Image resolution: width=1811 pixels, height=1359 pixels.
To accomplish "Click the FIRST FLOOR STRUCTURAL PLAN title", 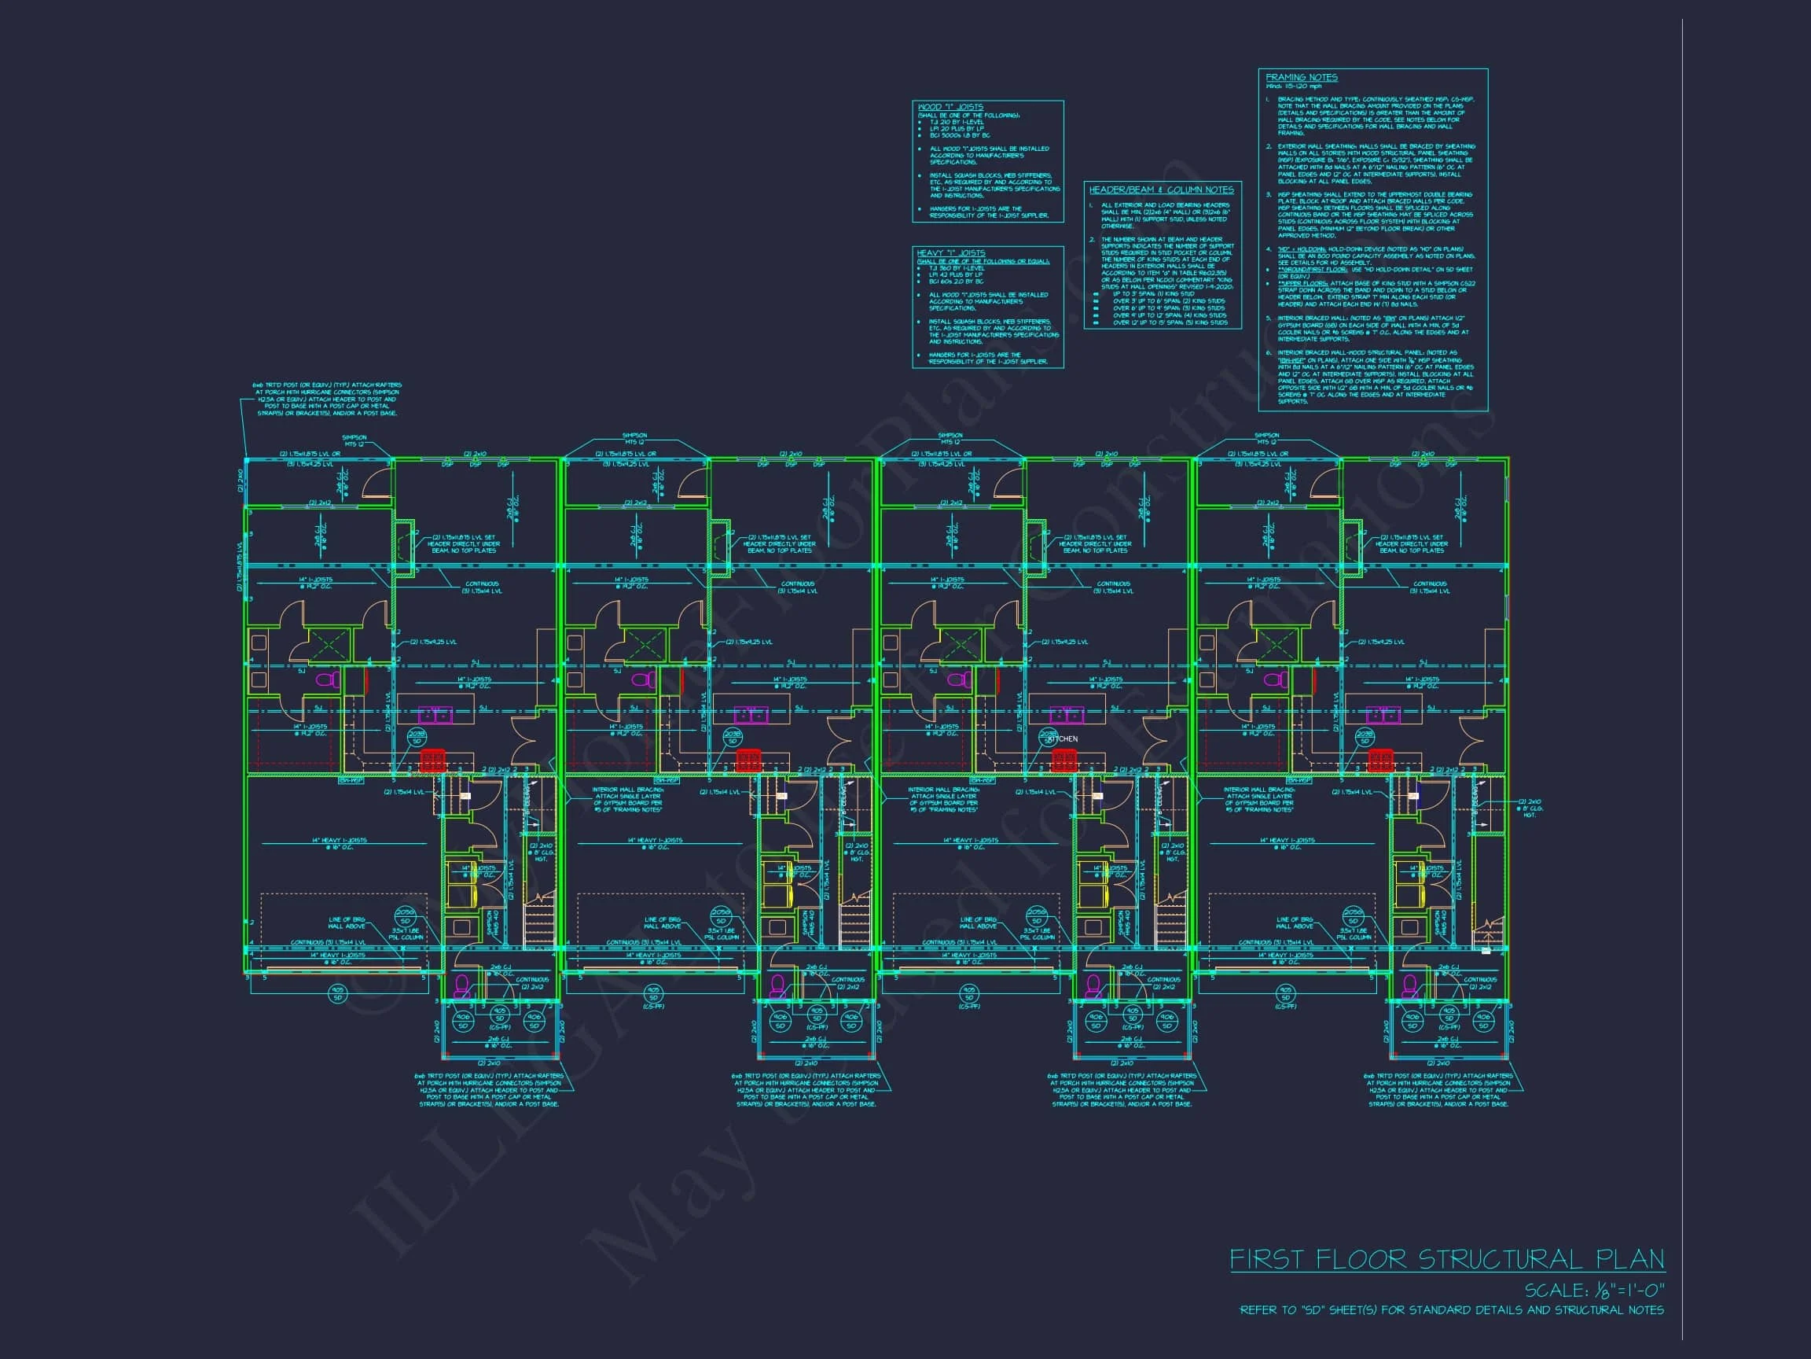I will pos(1446,1259).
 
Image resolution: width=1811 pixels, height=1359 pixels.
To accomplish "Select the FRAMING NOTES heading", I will pos(1301,78).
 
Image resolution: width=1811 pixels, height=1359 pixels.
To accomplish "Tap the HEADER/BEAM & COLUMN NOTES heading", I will pos(1161,190).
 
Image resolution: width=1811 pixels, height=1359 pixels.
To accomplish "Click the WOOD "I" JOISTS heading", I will pos(950,107).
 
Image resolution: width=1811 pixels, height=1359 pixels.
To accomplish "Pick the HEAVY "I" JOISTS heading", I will pos(950,253).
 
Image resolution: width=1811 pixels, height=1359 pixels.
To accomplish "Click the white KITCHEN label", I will pos(1063,739).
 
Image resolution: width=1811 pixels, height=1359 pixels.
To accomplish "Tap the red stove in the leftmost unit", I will pos(432,761).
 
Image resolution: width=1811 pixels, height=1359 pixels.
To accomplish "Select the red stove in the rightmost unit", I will pos(1379,761).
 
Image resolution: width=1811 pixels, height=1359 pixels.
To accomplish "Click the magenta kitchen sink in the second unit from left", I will pos(751,714).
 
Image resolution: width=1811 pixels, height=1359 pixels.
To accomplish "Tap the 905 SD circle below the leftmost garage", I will pos(337,993).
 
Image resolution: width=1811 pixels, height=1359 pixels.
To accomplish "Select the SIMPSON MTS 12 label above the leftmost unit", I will pos(354,440).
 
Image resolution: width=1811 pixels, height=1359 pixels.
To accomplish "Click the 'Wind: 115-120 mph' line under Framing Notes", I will pos(1294,86).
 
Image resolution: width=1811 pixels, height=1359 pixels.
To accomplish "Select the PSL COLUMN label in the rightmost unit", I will pos(1353,937).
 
